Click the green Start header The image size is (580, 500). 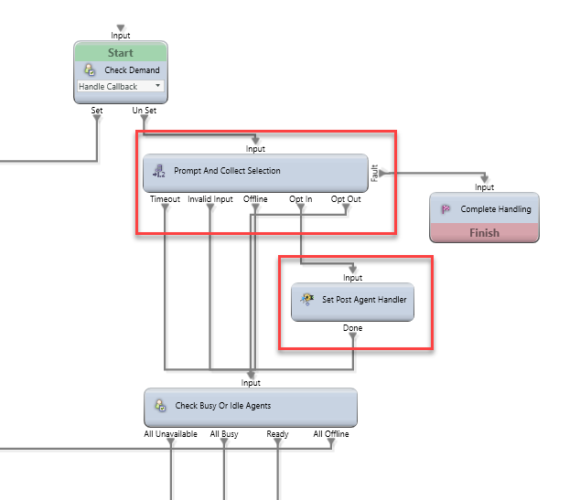[121, 53]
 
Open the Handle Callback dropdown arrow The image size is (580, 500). [158, 86]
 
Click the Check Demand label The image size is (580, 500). [132, 69]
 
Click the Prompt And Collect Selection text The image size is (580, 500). [227, 171]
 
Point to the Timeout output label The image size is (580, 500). [165, 198]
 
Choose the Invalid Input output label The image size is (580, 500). [210, 198]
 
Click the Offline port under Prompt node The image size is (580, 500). [255, 198]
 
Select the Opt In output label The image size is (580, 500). [302, 198]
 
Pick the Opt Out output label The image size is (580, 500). [346, 198]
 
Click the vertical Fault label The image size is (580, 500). [374, 171]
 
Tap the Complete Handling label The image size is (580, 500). [495, 209]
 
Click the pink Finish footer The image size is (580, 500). [484, 232]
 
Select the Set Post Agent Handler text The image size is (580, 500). [364, 301]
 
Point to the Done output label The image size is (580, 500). [352, 327]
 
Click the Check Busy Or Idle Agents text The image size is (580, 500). [222, 405]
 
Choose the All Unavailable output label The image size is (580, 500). [171, 434]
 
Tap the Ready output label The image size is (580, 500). [277, 434]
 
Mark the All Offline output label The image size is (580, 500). [330, 434]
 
